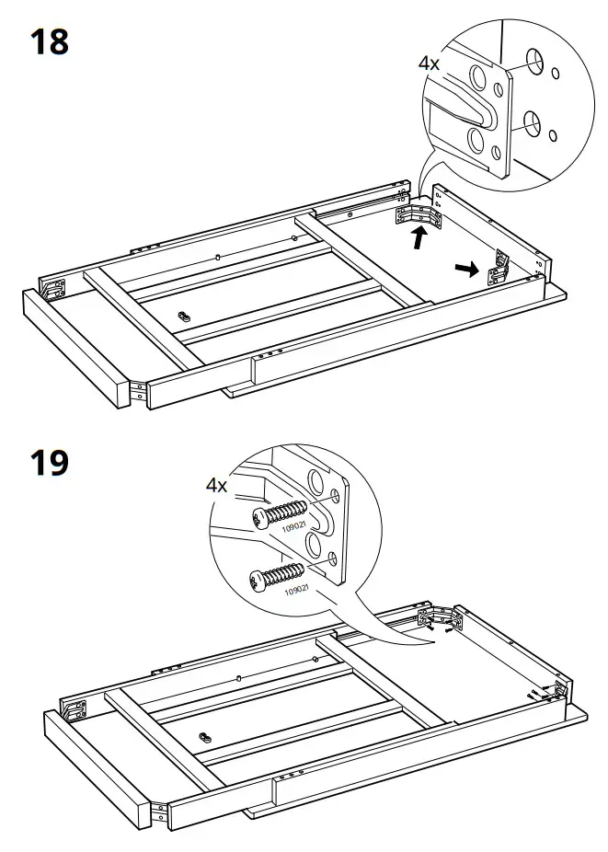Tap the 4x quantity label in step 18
430,63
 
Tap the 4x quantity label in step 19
216,485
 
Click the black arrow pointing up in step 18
419,239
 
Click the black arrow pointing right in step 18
468,269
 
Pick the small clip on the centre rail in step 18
184,314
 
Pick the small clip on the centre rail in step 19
204,736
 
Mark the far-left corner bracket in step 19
75,709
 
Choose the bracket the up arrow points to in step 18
419,215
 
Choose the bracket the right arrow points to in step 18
500,264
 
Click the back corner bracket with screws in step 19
436,618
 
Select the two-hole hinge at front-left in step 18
137,391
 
